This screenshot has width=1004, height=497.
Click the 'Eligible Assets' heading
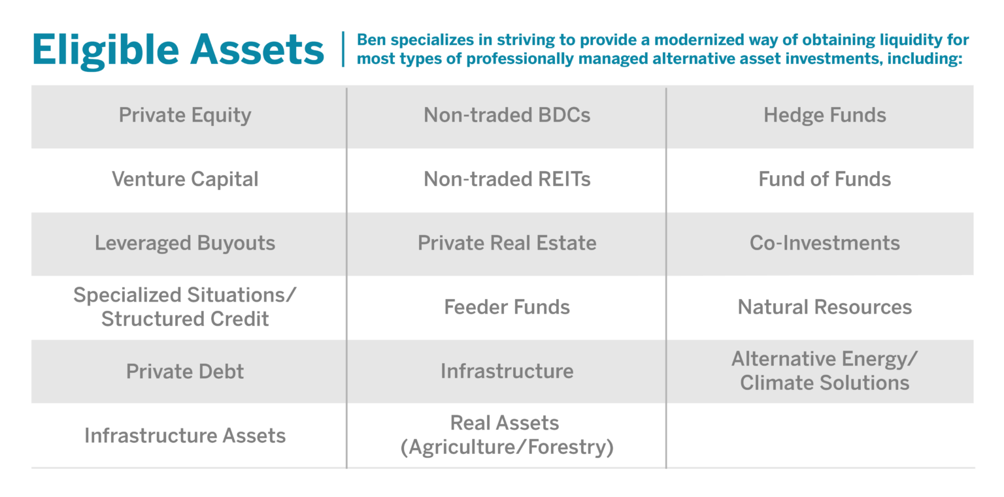(178, 50)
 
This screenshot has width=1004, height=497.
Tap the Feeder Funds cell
(507, 307)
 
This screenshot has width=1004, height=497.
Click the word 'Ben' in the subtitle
(371, 40)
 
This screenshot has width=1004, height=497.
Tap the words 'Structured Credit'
(185, 319)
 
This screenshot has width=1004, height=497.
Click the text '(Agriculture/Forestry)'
(507, 447)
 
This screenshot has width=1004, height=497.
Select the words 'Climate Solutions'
(825, 383)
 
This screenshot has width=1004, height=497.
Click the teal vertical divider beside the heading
(343, 49)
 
